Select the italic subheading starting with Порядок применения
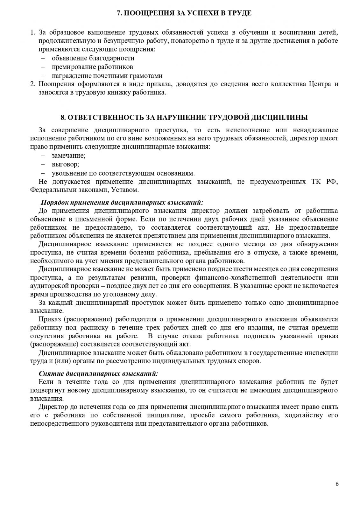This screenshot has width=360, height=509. tap(122, 202)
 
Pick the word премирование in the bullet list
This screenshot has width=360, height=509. tap(71, 67)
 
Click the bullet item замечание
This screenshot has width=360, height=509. tap(68, 156)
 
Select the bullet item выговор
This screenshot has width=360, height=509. tap(66, 164)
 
